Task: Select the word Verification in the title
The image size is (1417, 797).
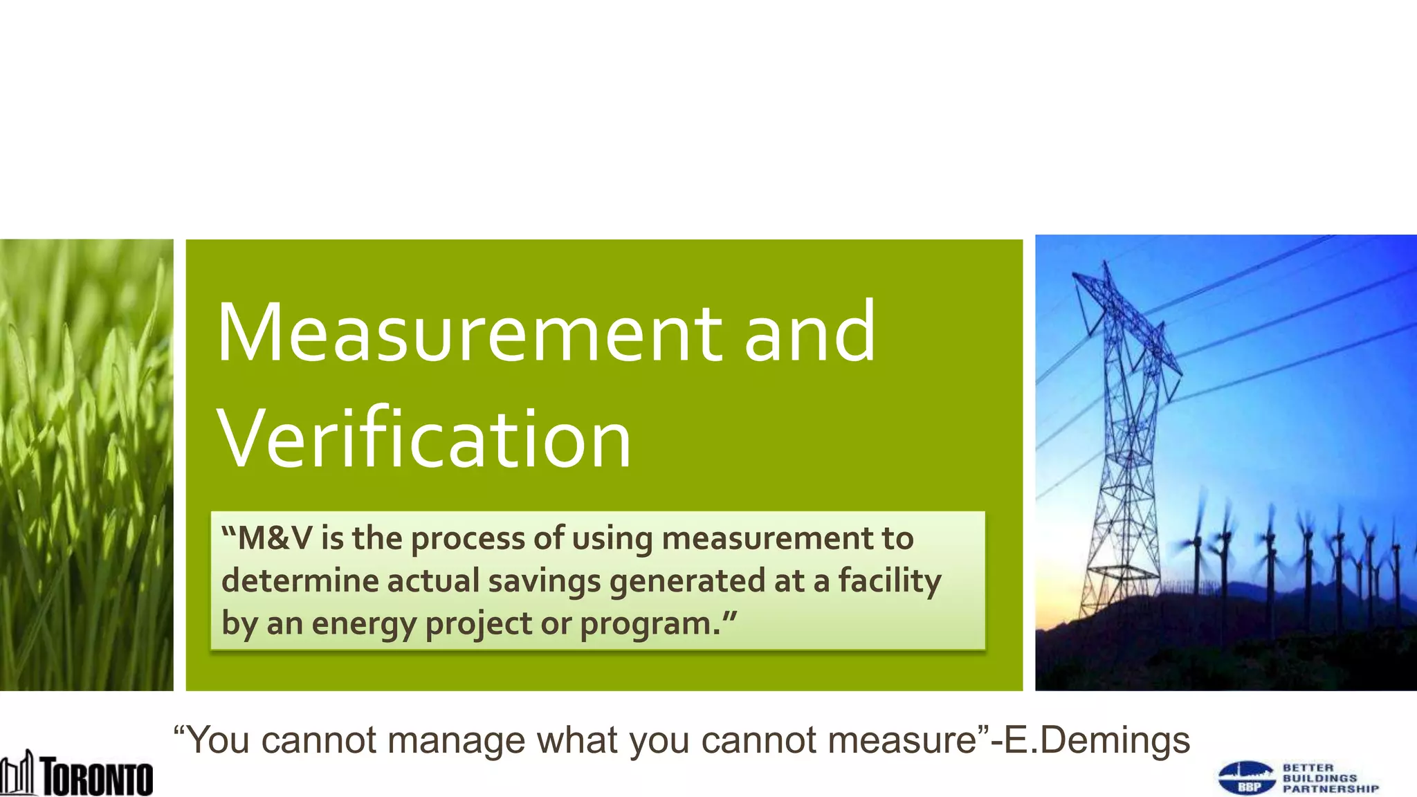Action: point(423,439)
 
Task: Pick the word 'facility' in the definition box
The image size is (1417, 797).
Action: point(890,581)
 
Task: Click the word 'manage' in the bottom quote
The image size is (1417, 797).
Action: point(457,740)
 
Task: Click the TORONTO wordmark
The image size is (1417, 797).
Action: point(97,776)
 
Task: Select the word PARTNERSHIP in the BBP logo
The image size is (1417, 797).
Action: point(1331,789)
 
